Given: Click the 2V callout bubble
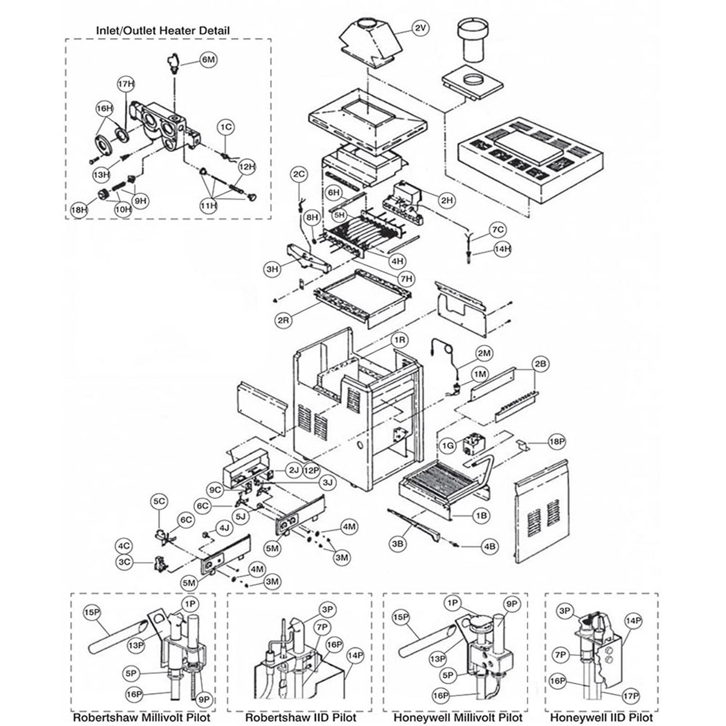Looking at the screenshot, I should tap(420, 28).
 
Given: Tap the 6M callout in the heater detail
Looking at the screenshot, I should tap(208, 60).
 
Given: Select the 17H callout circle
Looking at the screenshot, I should tap(126, 84).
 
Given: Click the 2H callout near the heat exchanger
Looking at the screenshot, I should tap(447, 200).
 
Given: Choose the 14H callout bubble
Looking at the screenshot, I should tap(502, 249).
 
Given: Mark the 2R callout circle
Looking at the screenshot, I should tap(284, 320).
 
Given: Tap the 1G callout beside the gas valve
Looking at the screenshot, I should tap(448, 446).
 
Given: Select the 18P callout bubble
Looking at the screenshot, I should tap(556, 442).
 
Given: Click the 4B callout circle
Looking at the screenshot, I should tap(490, 546).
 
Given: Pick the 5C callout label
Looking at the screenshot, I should tap(159, 501).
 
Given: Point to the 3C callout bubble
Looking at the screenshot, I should tap(124, 562).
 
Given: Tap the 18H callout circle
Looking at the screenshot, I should tap(79, 210).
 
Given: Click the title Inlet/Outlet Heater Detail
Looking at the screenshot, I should tap(162, 31).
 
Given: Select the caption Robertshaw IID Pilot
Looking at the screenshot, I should tap(300, 718).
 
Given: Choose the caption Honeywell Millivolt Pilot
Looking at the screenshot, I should tap(458, 718).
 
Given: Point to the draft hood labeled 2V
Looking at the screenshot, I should tap(370, 43).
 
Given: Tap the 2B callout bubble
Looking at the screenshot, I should tap(540, 364).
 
